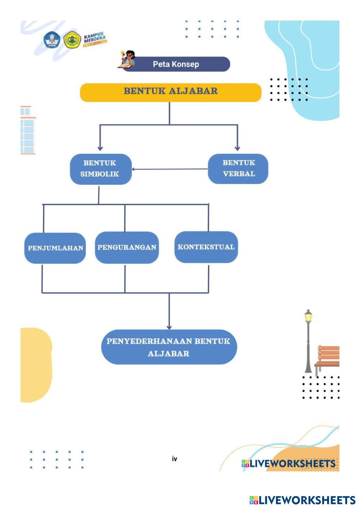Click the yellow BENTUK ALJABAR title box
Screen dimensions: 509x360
[x=170, y=92]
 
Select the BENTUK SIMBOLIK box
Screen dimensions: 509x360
[x=100, y=169]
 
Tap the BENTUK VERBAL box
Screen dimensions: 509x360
[x=238, y=168]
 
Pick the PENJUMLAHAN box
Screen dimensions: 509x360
[x=55, y=248]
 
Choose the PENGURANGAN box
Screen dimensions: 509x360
[x=127, y=247]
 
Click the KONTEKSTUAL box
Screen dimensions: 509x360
[x=206, y=247]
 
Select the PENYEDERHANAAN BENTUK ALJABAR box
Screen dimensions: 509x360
[x=168, y=347]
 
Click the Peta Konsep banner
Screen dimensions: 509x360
[x=176, y=64]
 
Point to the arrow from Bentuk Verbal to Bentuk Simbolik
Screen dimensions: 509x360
[x=169, y=169]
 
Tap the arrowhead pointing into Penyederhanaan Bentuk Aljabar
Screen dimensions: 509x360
[x=169, y=326]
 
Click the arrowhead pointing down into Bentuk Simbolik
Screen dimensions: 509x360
[x=100, y=148]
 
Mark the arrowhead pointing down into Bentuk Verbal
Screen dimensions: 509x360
[x=237, y=148]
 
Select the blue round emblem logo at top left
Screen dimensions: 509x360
[x=52, y=40]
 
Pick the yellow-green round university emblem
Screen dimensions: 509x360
[x=72, y=40]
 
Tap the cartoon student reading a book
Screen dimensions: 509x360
[x=127, y=59]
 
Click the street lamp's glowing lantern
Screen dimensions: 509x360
[x=308, y=317]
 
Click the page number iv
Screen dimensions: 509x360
[x=175, y=459]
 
